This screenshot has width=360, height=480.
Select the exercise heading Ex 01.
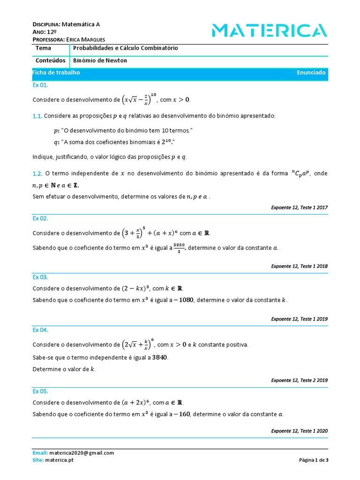point(40,85)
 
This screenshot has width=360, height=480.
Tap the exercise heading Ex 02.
point(40,218)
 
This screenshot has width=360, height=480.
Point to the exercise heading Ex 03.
point(40,277)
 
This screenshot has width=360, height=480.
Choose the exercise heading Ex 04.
point(40,330)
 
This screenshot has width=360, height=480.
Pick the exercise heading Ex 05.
point(40,391)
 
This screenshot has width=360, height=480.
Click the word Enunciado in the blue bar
point(311,73)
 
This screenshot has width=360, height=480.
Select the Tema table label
point(44,48)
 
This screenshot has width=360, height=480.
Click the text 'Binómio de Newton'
point(100,60)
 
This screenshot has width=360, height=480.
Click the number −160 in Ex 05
point(180,414)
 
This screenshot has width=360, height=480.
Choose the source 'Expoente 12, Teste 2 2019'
point(299,380)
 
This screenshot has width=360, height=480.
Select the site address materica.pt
point(59,460)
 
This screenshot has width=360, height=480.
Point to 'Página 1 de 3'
point(314,460)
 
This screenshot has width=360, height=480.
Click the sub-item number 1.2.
point(37,173)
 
